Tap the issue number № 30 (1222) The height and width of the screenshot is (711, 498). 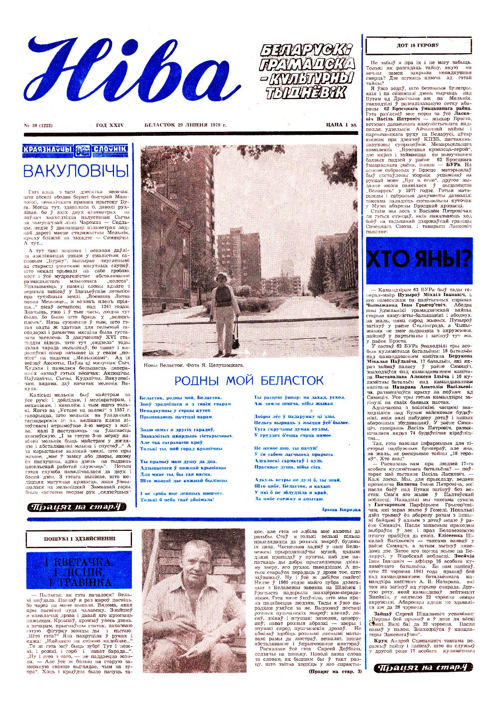point(42,125)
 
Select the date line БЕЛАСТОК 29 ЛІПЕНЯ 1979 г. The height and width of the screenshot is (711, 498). point(186,125)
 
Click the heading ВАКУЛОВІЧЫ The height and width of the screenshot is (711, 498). point(76,171)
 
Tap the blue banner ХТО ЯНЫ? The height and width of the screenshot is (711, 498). point(419,259)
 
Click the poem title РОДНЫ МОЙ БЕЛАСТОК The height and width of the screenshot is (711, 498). point(249,381)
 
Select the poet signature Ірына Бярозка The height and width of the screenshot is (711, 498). point(341,510)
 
